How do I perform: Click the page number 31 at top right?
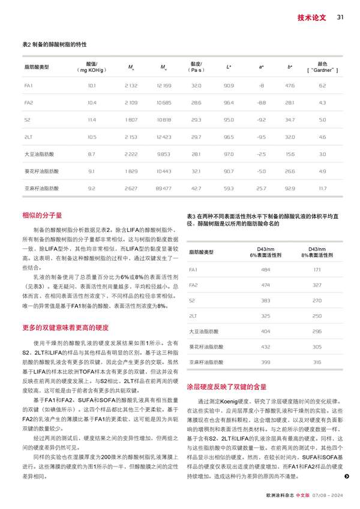(340, 17)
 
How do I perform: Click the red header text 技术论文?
(312, 17)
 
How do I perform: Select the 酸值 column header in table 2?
(92, 67)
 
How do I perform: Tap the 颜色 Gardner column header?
(323, 67)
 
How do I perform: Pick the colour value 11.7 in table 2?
(323, 188)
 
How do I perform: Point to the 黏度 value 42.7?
(196, 188)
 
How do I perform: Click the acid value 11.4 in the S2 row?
(92, 120)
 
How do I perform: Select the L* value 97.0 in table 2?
(229, 154)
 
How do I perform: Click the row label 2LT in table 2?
(28, 137)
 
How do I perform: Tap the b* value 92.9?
(290, 188)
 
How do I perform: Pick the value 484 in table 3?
(266, 269)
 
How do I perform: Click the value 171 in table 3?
(317, 269)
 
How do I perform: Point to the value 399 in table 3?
(266, 362)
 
